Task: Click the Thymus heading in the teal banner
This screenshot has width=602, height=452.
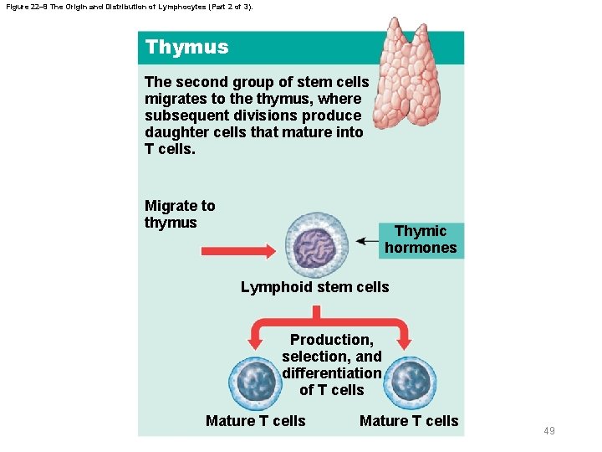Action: click(186, 47)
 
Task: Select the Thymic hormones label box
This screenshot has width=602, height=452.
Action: click(421, 239)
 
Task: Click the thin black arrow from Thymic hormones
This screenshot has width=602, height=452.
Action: click(367, 241)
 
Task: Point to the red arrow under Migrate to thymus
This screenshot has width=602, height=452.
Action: click(238, 250)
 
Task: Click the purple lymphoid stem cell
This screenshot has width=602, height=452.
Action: click(316, 244)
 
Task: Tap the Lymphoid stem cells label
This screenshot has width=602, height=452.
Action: click(314, 287)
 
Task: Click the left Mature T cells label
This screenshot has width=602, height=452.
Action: click(256, 421)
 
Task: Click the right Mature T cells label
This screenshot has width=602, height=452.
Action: click(409, 421)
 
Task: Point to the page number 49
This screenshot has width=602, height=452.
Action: click(549, 431)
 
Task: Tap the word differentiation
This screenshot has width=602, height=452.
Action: click(332, 373)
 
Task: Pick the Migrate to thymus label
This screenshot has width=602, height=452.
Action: click(180, 214)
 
